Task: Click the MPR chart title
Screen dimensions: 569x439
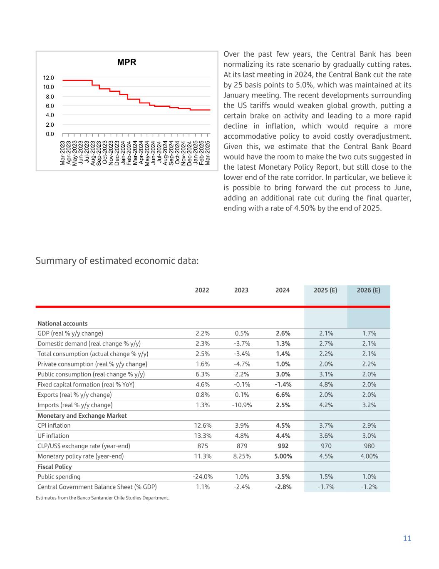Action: click(x=126, y=63)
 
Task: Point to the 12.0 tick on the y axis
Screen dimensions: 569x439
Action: click(x=48, y=78)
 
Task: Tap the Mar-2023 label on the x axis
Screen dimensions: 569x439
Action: click(x=63, y=153)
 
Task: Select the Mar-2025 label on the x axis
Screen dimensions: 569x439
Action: click(x=208, y=153)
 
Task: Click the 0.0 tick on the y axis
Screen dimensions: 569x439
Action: click(x=50, y=134)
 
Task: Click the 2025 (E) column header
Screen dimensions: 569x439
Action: click(x=326, y=290)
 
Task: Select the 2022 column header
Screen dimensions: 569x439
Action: click(x=202, y=290)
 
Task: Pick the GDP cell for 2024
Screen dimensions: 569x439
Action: click(x=283, y=333)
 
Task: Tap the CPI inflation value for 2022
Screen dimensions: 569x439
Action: click(x=203, y=426)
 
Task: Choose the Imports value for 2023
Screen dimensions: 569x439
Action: click(x=242, y=405)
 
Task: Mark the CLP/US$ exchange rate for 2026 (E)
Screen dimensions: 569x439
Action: click(x=369, y=446)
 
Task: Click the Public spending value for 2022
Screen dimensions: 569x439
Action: click(x=203, y=477)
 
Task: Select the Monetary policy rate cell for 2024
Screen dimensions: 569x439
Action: click(x=283, y=456)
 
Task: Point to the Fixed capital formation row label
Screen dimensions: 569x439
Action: click(x=86, y=385)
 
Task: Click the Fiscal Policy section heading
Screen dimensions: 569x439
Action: click(x=55, y=467)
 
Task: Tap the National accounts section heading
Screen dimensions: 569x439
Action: click(x=62, y=323)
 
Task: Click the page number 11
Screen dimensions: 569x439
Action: click(x=407, y=539)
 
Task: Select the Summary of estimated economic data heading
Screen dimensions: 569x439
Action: click(x=117, y=261)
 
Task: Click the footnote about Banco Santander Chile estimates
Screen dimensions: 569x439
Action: click(x=102, y=498)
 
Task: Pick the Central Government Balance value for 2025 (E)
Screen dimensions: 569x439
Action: click(x=326, y=487)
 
